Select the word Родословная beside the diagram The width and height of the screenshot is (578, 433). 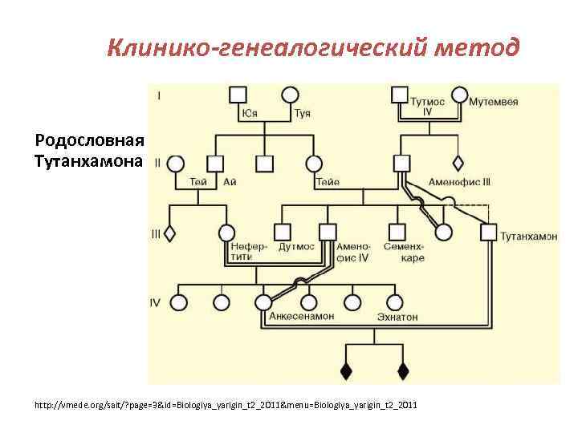(x=89, y=140)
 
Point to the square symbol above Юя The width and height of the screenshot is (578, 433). (x=238, y=95)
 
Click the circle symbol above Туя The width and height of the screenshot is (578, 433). (x=291, y=95)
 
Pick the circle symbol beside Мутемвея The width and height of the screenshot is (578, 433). (x=459, y=95)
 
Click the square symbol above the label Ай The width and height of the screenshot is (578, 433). (x=214, y=164)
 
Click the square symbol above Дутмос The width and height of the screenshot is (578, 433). (x=283, y=233)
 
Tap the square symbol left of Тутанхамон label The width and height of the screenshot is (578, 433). (x=487, y=233)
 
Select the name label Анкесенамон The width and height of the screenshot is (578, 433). (x=301, y=318)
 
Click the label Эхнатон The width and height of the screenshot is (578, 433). (x=397, y=318)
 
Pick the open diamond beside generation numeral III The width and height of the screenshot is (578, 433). (x=169, y=234)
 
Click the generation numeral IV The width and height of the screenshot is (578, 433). (x=155, y=302)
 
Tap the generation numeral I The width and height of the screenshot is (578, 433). (x=159, y=95)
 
